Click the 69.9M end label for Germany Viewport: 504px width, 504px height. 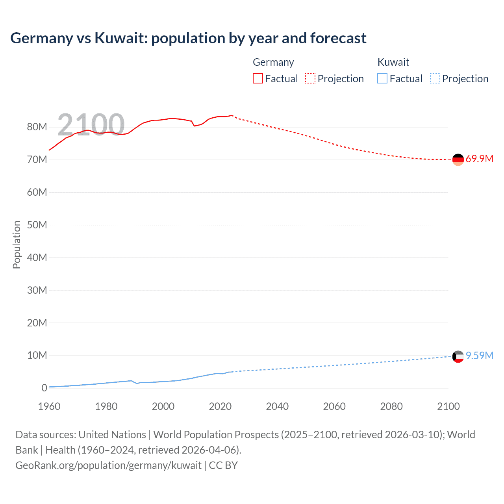[x=479, y=159]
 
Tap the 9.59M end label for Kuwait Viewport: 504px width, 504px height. [x=479, y=356]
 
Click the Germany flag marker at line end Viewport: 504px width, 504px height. [x=458, y=159]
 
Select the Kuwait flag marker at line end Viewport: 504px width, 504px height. [x=458, y=356]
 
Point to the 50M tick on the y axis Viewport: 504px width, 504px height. [x=37, y=225]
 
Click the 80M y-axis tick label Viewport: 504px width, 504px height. [x=37, y=127]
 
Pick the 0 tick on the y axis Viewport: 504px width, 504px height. [x=44, y=388]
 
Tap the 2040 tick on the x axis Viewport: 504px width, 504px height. [x=277, y=406]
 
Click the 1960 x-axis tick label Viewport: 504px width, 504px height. [x=49, y=406]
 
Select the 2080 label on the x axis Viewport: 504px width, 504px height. [x=391, y=406]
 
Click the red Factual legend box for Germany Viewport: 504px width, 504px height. [x=258, y=79]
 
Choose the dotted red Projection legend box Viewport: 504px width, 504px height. [x=310, y=79]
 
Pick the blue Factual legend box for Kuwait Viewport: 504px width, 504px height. [x=382, y=79]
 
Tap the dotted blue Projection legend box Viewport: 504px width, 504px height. [x=435, y=79]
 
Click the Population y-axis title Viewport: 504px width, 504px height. [x=17, y=245]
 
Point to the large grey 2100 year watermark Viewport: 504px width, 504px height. [x=91, y=125]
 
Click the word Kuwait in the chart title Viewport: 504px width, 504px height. [x=120, y=38]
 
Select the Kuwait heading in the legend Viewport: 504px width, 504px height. [x=393, y=62]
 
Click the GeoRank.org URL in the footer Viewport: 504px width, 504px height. [x=108, y=465]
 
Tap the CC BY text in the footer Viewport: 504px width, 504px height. [x=223, y=465]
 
